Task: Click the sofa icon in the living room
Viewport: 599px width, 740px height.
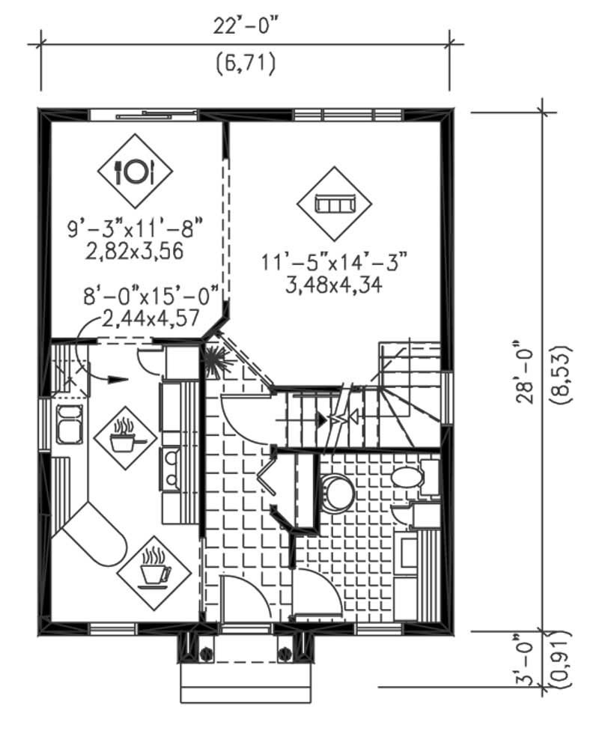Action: click(334, 203)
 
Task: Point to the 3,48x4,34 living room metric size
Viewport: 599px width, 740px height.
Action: click(334, 285)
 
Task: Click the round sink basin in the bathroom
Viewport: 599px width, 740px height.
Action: click(336, 491)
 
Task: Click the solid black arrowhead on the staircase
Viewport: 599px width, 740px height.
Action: click(322, 420)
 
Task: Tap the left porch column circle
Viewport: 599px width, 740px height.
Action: click(204, 652)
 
